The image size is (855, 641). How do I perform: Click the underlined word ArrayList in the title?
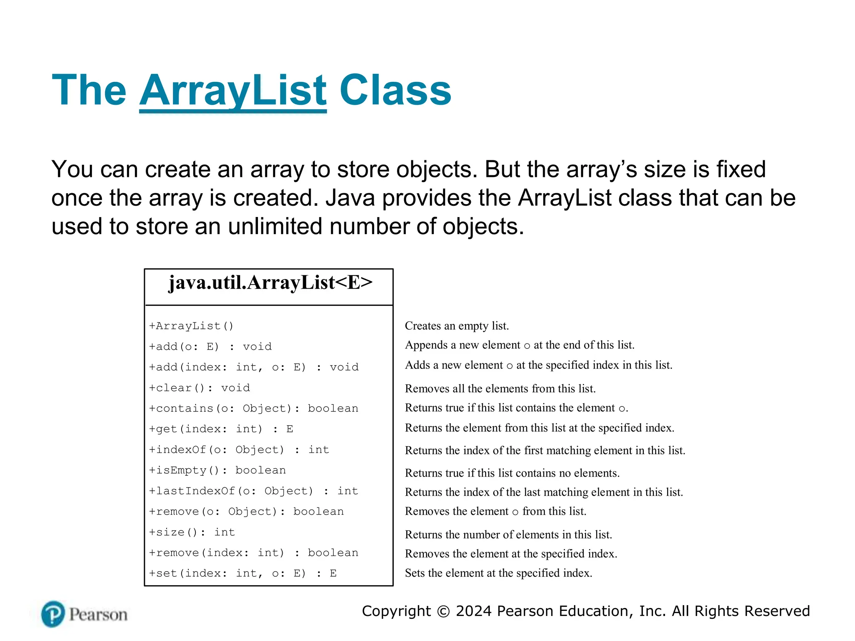(233, 91)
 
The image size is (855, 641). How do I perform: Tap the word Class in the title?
(395, 91)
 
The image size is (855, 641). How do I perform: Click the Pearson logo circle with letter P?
(53, 614)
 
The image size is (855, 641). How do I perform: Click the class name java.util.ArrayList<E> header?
(270, 283)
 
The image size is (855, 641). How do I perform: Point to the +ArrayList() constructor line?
(191, 326)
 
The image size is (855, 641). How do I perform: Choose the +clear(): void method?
(200, 388)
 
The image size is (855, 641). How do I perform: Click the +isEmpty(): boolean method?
(218, 470)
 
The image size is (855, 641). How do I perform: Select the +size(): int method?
(192, 532)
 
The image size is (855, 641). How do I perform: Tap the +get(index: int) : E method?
(221, 429)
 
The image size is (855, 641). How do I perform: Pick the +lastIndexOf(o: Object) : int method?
(253, 491)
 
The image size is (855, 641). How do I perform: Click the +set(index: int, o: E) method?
(243, 573)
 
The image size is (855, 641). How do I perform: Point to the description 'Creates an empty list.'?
(457, 326)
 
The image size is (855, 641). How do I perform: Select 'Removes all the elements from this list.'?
(500, 389)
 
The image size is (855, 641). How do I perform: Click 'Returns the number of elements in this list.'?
(508, 535)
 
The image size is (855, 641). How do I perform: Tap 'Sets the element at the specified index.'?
(498, 573)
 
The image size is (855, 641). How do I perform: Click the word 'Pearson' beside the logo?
(98, 615)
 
